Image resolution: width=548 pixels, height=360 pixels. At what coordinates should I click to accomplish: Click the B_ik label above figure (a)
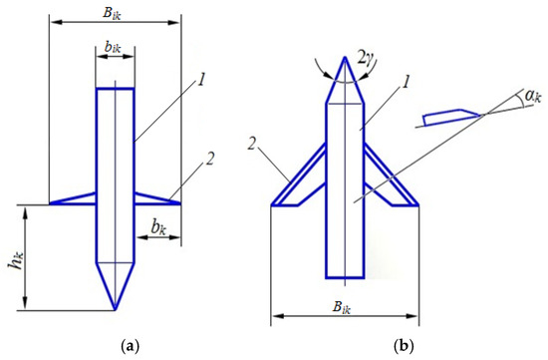113,14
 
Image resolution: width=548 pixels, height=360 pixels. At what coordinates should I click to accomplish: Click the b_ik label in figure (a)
113,47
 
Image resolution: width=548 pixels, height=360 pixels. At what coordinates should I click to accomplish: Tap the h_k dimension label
16,261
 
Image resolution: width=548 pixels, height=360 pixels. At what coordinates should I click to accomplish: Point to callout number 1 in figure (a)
201,81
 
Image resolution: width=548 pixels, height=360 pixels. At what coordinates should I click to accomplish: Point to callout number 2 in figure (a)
209,160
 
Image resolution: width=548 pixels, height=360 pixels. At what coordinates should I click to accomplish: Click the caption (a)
130,346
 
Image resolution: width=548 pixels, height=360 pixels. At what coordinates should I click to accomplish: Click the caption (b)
404,346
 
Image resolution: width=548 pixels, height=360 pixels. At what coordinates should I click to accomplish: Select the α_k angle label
532,96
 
